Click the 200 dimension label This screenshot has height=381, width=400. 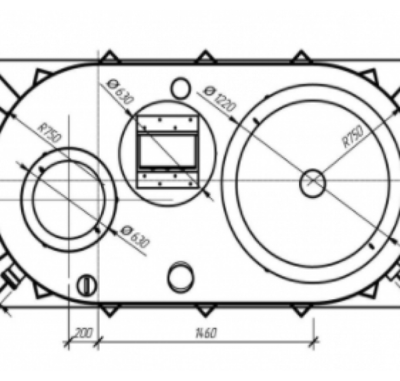point(83,333)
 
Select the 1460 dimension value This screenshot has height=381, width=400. point(206,333)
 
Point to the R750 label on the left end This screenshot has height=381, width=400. point(50,133)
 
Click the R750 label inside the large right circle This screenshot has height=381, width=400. point(353,136)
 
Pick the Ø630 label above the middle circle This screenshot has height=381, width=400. point(121,91)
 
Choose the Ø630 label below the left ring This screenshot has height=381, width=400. point(135,237)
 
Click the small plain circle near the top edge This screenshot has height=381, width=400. point(181,88)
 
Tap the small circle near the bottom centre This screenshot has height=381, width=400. point(180,277)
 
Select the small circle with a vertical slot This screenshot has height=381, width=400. point(87,285)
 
